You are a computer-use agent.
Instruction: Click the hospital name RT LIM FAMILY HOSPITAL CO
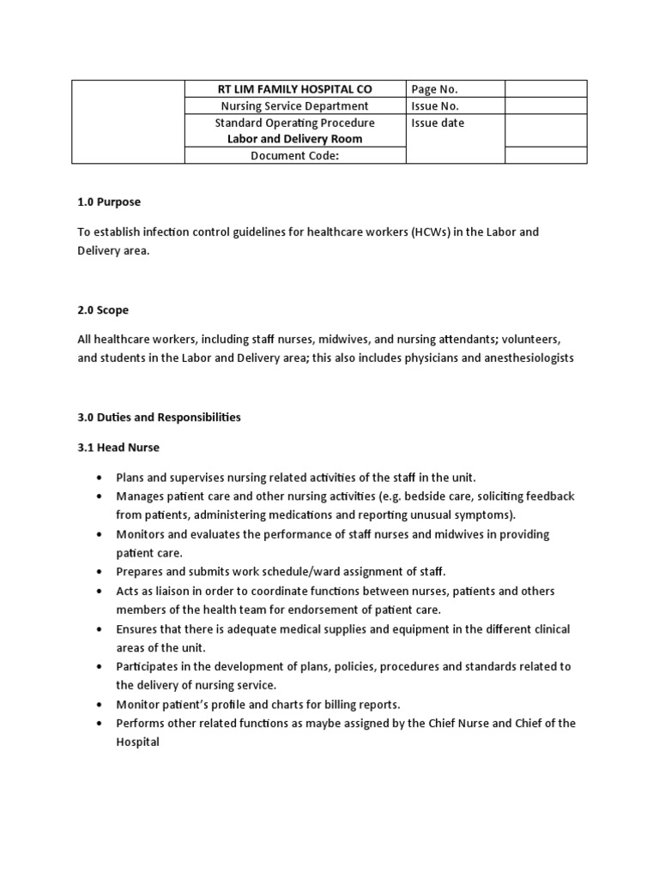(x=294, y=89)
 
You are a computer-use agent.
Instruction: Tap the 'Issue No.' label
(x=435, y=106)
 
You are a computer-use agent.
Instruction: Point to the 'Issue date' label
(x=438, y=123)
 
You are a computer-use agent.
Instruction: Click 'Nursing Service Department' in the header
(x=294, y=106)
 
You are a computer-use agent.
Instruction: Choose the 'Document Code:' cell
(x=294, y=155)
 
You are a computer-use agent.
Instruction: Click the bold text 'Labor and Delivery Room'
(x=294, y=139)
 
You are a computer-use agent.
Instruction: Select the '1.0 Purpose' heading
(x=109, y=201)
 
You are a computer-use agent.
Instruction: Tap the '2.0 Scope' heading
(x=103, y=310)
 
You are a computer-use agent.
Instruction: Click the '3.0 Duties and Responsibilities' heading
(x=159, y=418)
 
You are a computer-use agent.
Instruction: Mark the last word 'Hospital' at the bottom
(x=138, y=742)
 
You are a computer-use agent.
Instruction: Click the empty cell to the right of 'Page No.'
(x=546, y=89)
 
